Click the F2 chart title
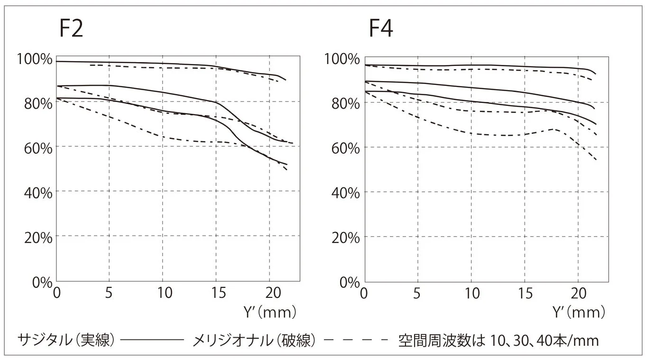click(x=71, y=29)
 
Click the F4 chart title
click(x=381, y=29)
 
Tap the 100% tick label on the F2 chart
click(x=34, y=59)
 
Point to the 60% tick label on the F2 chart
click(x=37, y=148)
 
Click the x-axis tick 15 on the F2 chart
click(x=216, y=293)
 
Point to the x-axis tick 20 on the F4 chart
click(x=578, y=293)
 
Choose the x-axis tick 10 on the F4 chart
click(x=471, y=293)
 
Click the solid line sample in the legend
click(x=152, y=341)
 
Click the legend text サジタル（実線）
click(x=66, y=340)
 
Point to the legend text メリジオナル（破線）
click(x=254, y=340)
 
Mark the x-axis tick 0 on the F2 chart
click(x=57, y=293)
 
